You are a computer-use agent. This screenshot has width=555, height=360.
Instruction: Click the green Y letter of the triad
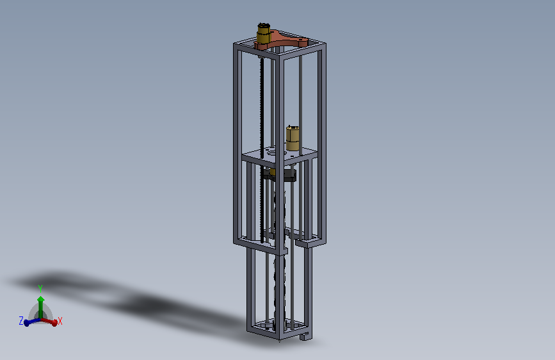pos(40,289)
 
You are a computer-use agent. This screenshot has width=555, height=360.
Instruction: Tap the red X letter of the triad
pos(60,321)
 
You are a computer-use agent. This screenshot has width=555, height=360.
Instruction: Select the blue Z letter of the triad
pos(21,321)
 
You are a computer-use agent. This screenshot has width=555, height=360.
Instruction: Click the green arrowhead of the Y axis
pos(41,299)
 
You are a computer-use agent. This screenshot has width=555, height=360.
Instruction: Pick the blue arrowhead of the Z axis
pos(27,323)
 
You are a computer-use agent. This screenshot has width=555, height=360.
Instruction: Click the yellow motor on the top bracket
pos(263,33)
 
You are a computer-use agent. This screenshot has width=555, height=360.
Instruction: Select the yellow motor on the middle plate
pos(293,138)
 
